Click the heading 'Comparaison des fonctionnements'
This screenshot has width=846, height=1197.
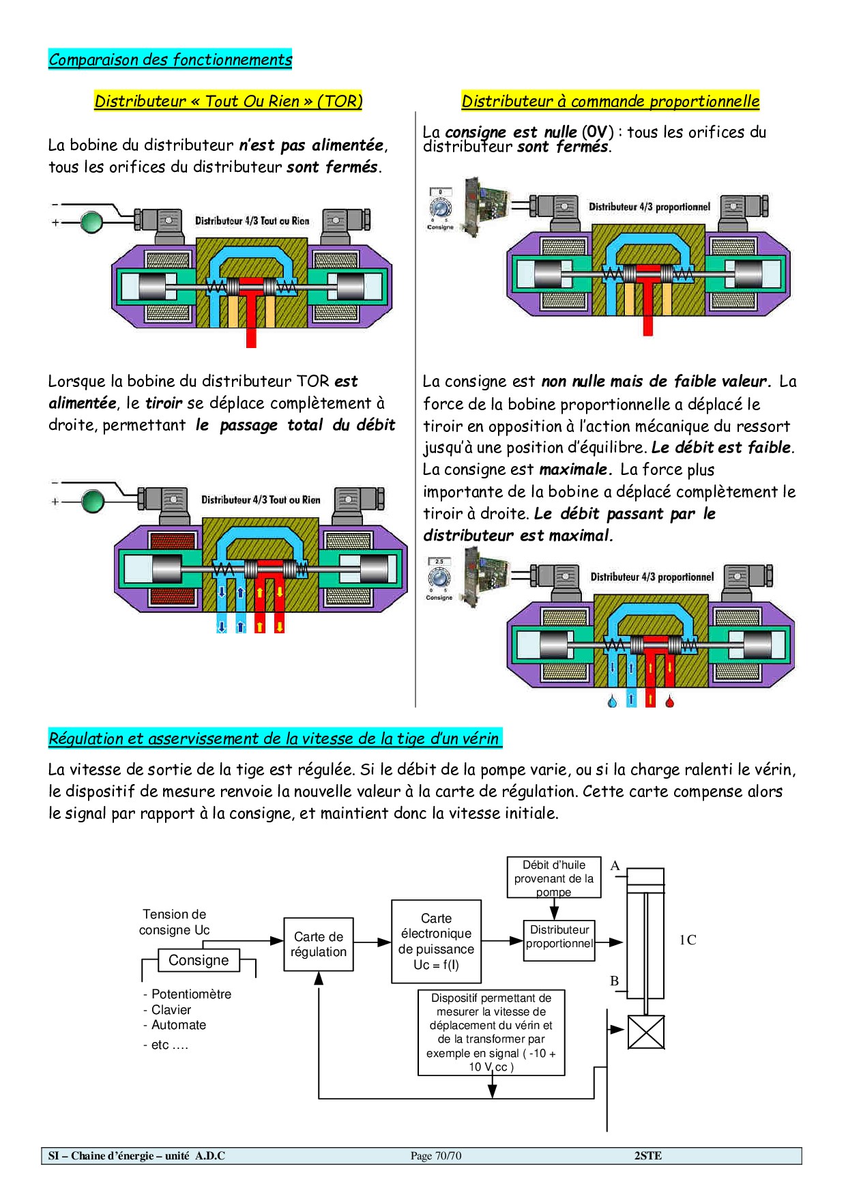[x=170, y=59]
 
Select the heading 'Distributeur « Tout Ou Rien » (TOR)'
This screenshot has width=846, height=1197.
[x=228, y=101]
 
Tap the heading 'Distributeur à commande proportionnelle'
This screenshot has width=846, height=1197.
[x=610, y=101]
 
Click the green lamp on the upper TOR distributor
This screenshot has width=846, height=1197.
[x=91, y=222]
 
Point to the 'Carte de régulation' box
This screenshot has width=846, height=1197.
[x=319, y=944]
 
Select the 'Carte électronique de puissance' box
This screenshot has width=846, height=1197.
[x=436, y=941]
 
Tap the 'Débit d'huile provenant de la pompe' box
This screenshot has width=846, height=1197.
[x=553, y=878]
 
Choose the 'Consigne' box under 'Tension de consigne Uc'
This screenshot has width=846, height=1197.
[x=199, y=960]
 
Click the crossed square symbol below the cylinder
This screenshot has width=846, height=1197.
[x=645, y=1031]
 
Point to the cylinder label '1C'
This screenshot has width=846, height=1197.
[x=687, y=940]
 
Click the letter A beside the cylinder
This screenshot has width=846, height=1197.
[x=615, y=866]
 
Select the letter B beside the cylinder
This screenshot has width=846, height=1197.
[x=614, y=981]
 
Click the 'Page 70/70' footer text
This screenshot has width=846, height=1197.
[x=436, y=1155]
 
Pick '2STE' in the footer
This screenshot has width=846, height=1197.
[x=647, y=1155]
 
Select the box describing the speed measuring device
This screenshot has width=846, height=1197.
[x=491, y=1032]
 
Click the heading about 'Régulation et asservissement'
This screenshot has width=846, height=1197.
[x=274, y=738]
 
